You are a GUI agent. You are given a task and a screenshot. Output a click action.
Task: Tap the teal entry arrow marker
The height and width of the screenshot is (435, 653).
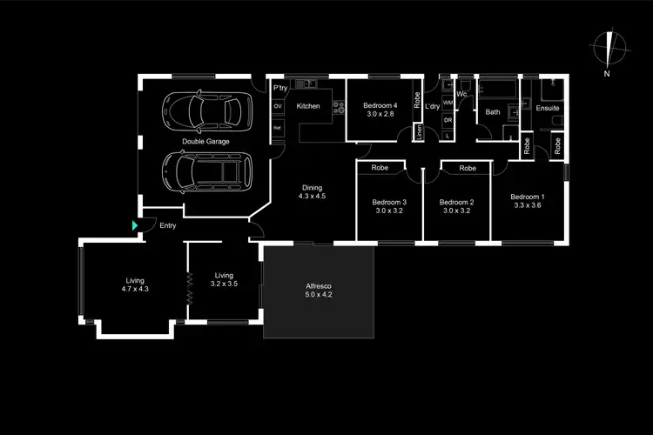click(x=135, y=226)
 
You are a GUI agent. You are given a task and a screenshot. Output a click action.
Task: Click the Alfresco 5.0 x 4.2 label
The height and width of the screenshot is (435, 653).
click(x=318, y=290)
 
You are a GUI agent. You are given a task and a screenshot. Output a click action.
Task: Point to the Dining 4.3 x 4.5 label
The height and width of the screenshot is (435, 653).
click(x=312, y=192)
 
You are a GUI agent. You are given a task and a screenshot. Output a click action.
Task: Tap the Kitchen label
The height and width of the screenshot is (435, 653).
click(x=308, y=106)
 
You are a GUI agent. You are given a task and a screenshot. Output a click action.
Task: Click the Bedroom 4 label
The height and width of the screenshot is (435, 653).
click(x=380, y=110)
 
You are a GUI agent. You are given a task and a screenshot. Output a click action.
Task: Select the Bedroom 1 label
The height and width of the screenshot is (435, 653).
click(x=528, y=201)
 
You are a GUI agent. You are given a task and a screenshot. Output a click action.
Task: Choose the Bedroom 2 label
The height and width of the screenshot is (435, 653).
click(x=457, y=205)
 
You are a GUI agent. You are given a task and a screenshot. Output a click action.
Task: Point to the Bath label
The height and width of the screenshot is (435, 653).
click(x=493, y=111)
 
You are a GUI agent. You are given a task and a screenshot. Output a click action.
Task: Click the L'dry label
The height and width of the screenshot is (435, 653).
click(x=432, y=107)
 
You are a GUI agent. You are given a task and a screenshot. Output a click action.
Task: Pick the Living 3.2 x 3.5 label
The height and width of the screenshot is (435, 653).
click(x=224, y=279)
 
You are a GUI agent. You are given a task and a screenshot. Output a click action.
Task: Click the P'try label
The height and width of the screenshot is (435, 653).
click(x=280, y=89)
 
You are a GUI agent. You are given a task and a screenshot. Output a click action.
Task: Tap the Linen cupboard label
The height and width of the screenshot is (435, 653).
click(x=419, y=132)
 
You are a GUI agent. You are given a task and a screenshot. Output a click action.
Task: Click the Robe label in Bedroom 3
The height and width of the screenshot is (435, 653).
click(x=380, y=167)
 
